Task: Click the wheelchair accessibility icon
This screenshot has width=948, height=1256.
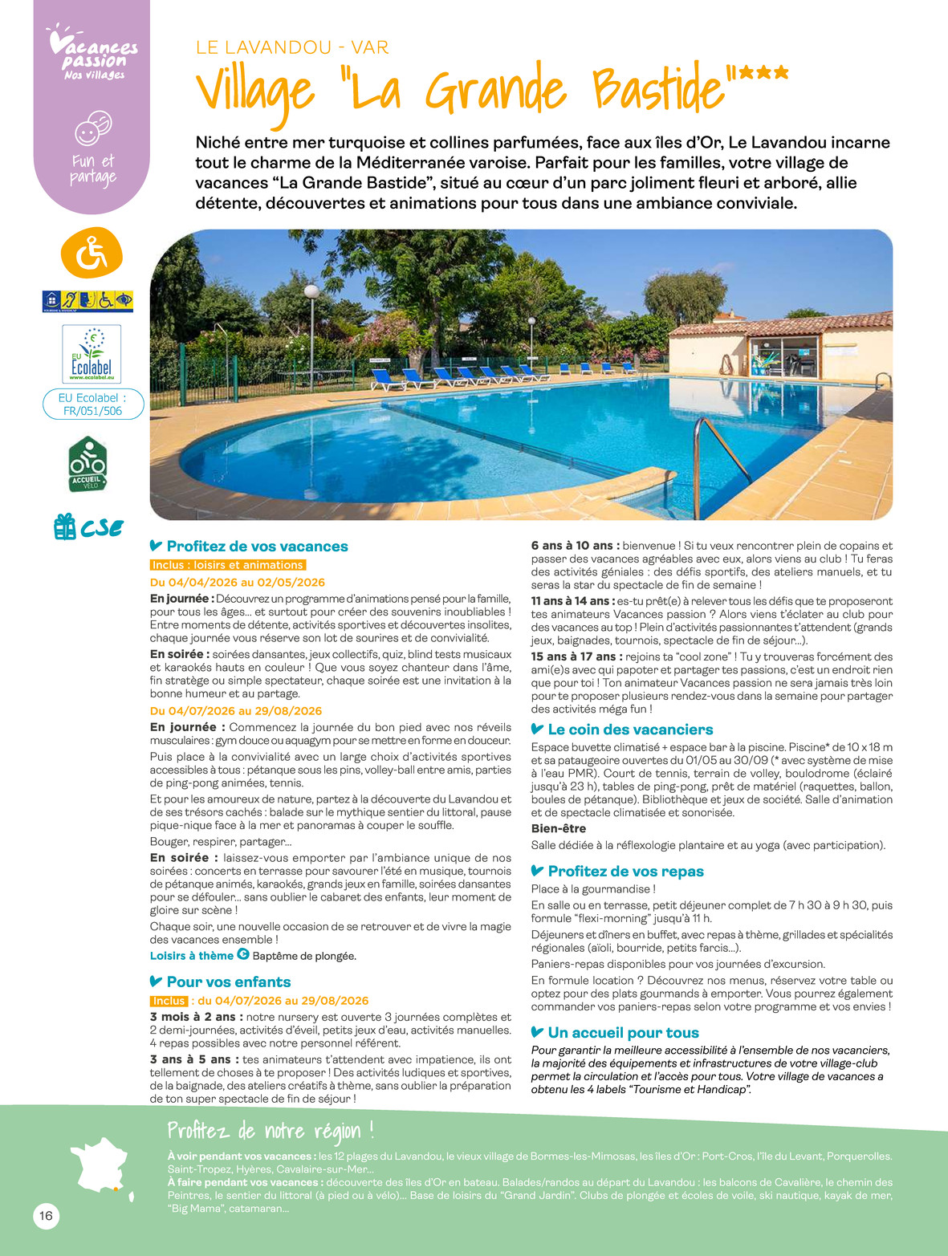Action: [x=92, y=254]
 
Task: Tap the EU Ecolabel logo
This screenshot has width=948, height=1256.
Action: [x=92, y=354]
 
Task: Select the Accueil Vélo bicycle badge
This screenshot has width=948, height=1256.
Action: [x=87, y=465]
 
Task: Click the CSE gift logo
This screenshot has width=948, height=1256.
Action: [x=88, y=527]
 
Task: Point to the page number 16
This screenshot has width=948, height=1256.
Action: [x=47, y=1216]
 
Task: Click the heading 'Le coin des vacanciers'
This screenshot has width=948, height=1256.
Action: [x=629, y=730]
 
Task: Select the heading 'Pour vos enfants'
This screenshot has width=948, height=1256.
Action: [x=228, y=982]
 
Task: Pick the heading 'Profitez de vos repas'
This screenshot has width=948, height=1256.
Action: [x=625, y=872]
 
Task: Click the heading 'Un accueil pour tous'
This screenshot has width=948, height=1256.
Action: [x=623, y=1033]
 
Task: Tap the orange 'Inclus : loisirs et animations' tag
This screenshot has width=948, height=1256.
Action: [x=228, y=565]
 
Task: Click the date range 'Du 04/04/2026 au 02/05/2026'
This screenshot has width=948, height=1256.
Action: [x=238, y=582]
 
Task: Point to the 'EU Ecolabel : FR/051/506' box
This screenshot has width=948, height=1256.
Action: [x=93, y=404]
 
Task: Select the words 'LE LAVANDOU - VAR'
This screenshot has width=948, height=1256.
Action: [x=292, y=47]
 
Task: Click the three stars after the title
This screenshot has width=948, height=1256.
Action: [x=763, y=75]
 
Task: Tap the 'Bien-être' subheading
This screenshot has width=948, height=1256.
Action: [x=559, y=828]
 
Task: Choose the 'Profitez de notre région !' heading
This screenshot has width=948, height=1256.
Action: [x=271, y=1131]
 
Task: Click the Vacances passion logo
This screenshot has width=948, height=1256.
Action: [x=93, y=55]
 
